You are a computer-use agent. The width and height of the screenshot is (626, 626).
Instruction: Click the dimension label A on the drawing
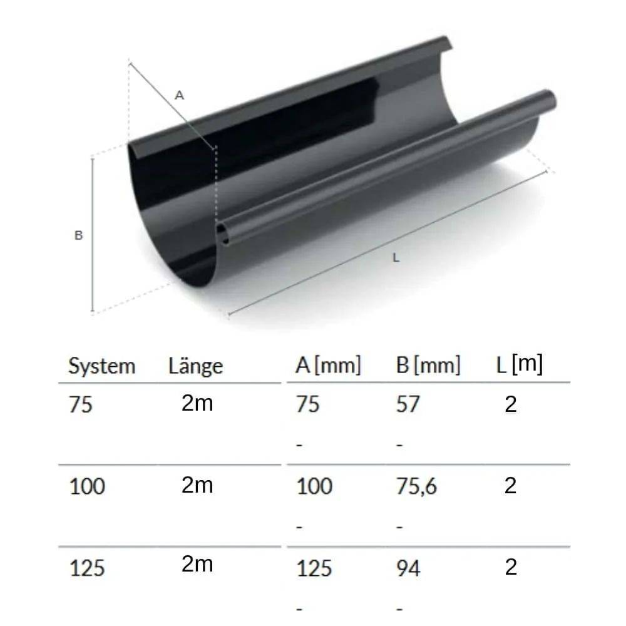pos(180,95)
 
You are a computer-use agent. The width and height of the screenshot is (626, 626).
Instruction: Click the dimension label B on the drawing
pos(78,236)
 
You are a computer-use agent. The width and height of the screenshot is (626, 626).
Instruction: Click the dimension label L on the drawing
pos(395,257)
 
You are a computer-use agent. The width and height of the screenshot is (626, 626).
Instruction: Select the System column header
pos(101,366)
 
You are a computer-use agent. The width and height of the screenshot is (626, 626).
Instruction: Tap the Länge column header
pos(195,366)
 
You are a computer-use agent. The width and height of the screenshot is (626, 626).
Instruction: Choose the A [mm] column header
pos(328,366)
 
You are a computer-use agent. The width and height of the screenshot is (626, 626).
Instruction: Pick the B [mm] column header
pos(428,366)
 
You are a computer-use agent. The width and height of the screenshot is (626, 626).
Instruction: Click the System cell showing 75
pos(81,405)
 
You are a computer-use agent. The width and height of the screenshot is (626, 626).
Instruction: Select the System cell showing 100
pos(87,486)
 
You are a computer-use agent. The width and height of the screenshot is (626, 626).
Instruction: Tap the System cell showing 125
pos(87,568)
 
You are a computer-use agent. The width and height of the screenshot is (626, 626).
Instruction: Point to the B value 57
pos(408,404)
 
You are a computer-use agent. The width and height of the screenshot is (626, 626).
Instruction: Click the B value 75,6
pos(416,486)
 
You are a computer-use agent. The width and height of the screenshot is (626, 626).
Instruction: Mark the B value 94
pos(408,568)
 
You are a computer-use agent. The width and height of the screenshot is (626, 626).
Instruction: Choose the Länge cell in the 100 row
pos(197,485)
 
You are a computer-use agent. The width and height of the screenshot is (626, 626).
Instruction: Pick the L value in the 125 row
pos(511,568)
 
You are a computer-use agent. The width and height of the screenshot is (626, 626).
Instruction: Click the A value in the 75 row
pos(307,404)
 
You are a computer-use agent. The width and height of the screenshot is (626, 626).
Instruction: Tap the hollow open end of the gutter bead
pos(223,234)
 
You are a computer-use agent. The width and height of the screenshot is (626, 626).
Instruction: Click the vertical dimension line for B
pos(93,235)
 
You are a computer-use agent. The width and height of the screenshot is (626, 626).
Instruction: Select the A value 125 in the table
pos(314,568)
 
